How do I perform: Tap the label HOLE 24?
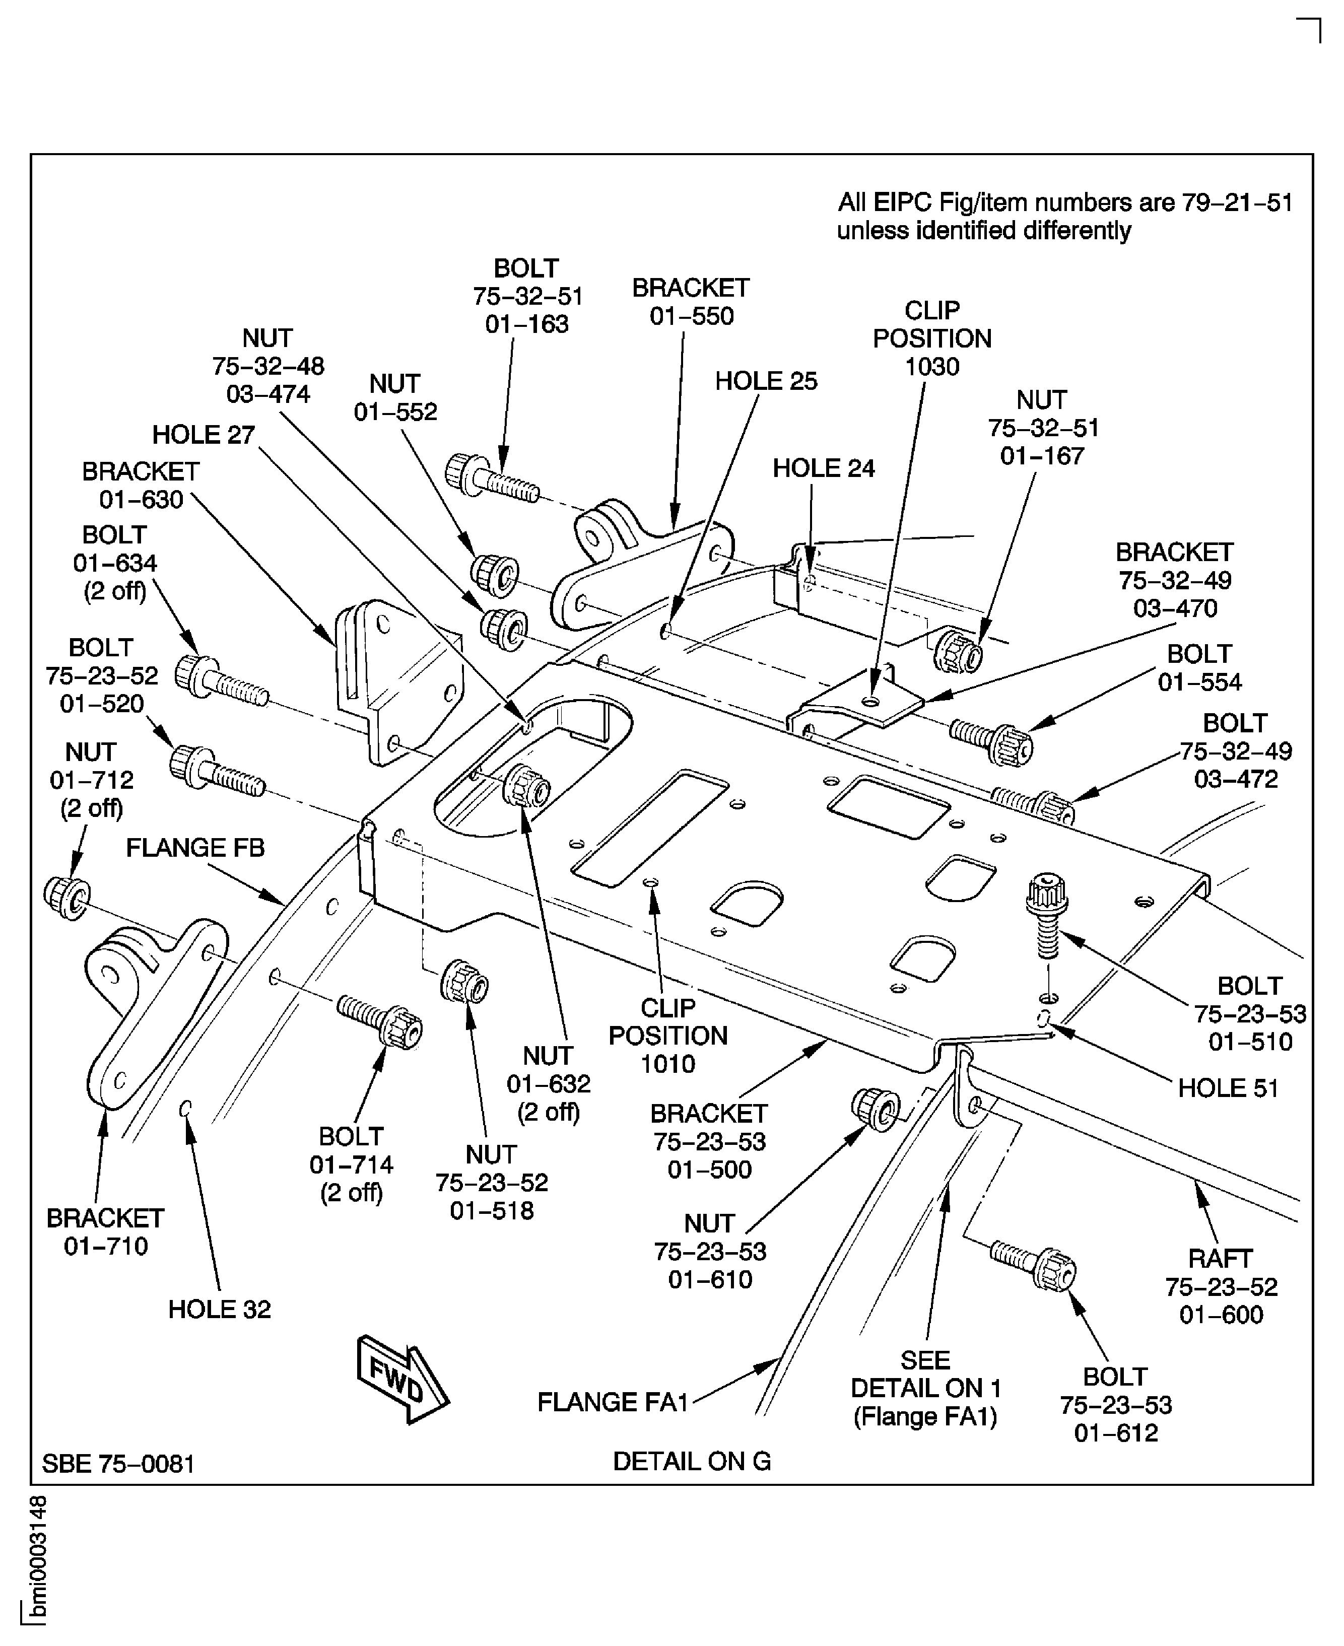pos(823,469)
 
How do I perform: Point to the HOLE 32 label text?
pos(219,1310)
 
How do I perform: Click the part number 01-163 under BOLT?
pos(526,324)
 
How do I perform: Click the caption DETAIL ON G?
pos(691,1461)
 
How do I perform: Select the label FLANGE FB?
pos(195,848)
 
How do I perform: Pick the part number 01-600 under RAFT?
pos(1221,1315)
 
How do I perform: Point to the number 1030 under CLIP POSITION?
pos(931,367)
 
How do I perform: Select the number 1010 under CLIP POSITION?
pos(667,1064)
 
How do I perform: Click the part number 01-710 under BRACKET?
pos(105,1247)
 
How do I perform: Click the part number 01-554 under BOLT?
pos(1199,682)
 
